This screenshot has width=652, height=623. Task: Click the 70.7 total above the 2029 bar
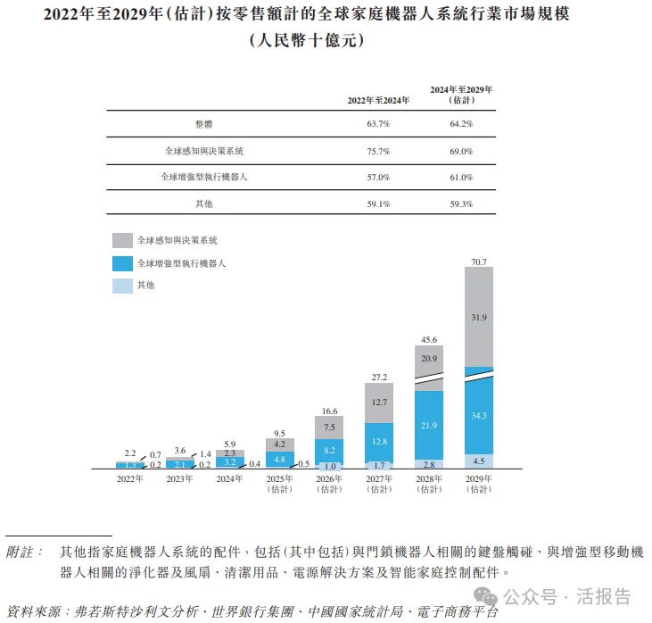point(480,262)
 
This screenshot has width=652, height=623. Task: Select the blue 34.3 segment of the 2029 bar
point(480,416)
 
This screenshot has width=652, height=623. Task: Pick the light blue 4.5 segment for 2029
point(480,461)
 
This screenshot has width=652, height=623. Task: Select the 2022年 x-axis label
point(129,478)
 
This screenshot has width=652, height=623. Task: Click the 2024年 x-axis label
point(230,478)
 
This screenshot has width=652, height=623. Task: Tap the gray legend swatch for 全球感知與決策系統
point(122,241)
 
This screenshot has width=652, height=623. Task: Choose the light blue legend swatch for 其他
point(122,286)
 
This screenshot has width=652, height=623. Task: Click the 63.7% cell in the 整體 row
point(378,124)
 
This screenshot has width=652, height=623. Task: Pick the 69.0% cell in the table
point(461,151)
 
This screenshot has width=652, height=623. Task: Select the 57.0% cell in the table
point(378,178)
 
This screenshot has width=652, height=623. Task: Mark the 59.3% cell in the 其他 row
point(461,204)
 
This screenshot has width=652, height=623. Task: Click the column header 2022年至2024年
point(378,100)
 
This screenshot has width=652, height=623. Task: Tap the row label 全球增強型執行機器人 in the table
point(204,178)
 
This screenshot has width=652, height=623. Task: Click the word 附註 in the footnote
point(24,552)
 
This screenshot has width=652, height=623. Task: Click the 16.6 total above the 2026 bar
point(330,410)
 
